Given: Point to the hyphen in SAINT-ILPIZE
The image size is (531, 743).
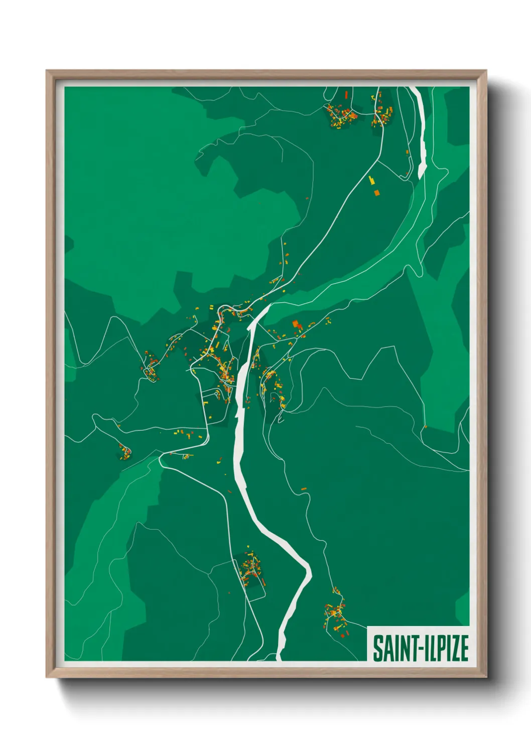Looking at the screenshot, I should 416,649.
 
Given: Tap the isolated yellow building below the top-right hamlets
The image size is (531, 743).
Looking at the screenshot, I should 372,180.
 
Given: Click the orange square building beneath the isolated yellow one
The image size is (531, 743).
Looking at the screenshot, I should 376,192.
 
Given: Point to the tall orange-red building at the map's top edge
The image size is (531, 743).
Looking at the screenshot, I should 346,94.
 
